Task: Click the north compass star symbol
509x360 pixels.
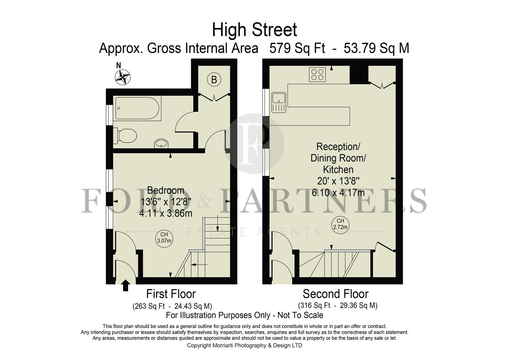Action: (x=122, y=77)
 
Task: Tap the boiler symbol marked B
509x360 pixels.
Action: (x=214, y=79)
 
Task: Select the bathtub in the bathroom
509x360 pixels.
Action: (x=138, y=108)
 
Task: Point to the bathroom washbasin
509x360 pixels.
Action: (x=161, y=144)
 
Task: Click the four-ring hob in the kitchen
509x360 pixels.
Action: (x=317, y=74)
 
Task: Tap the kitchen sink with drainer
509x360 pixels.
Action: (x=279, y=102)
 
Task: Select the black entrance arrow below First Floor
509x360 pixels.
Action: (x=125, y=286)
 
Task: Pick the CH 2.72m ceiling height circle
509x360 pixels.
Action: (x=340, y=224)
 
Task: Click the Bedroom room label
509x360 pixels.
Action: (x=166, y=190)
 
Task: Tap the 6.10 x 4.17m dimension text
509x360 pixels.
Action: (x=338, y=193)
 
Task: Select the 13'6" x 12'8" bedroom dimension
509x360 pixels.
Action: (x=166, y=202)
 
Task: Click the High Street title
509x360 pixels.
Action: (x=254, y=30)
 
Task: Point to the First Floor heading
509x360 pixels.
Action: (x=171, y=294)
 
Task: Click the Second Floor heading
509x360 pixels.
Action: (x=335, y=294)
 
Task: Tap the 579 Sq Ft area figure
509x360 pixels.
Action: (x=297, y=48)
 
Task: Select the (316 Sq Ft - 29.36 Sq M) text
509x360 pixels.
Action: (x=337, y=305)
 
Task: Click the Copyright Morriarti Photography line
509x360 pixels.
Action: (x=244, y=345)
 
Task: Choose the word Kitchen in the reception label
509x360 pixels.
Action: (x=338, y=170)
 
